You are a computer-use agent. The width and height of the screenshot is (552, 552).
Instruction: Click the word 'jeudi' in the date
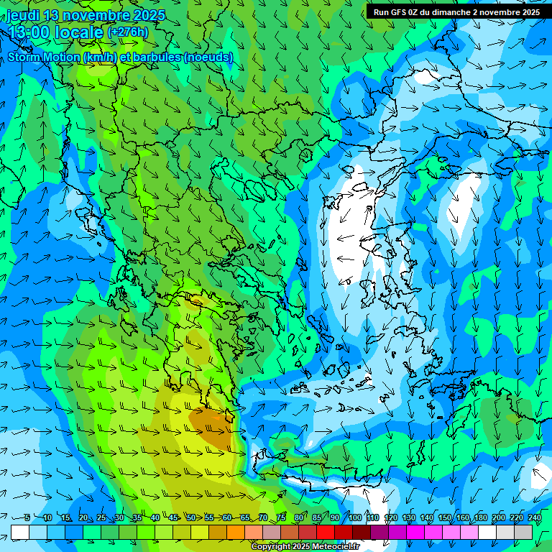tap(24, 15)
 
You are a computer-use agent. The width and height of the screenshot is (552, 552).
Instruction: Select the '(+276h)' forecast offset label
tap(127, 32)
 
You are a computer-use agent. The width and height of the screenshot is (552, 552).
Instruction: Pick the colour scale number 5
tap(27, 517)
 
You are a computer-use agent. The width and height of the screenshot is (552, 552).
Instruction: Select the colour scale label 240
tap(534, 517)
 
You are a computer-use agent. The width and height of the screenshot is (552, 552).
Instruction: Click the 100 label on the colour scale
tap(355, 517)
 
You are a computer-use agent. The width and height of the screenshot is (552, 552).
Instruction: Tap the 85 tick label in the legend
tap(317, 517)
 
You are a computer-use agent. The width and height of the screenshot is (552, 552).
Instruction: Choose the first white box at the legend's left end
tap(20, 532)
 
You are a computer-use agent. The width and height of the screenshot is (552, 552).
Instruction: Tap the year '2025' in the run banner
tap(530, 11)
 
